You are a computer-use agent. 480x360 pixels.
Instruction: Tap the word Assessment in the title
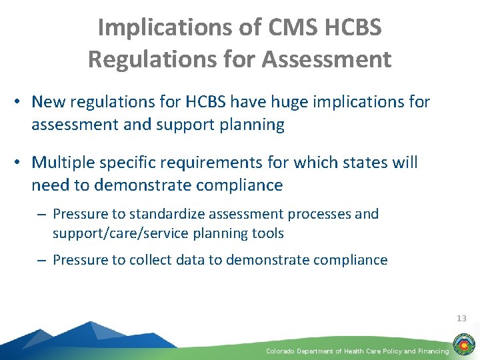coord(327,59)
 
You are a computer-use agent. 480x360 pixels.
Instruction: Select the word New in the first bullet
coord(46,102)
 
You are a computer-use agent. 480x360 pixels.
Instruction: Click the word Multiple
coord(64,163)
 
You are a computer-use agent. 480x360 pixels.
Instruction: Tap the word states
coord(355,163)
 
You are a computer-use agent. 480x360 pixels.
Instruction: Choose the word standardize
coord(166,215)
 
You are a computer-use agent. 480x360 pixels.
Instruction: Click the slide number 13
coord(461,318)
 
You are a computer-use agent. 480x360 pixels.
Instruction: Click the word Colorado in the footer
coord(281,351)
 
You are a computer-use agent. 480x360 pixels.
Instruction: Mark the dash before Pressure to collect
coord(43,260)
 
